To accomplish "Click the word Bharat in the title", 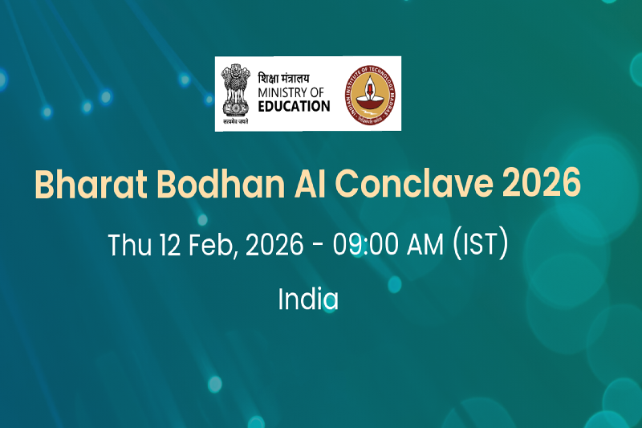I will (83, 185).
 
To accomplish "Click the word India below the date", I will (308, 300).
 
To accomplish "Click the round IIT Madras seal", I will (368, 93).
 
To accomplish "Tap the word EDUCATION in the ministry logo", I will (294, 106).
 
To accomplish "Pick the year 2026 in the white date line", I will (275, 245).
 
